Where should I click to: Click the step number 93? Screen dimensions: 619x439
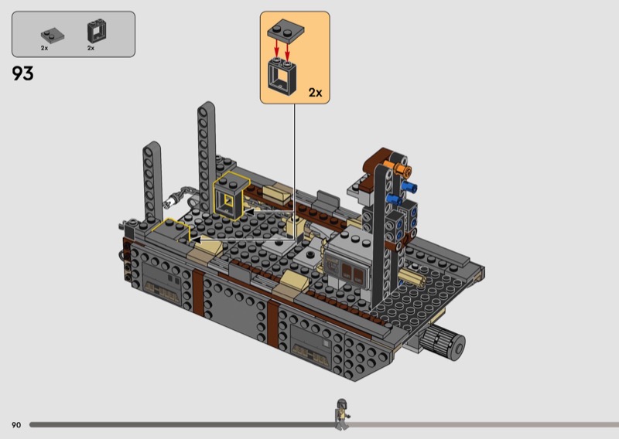[22, 73]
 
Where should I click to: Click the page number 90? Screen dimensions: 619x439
[16, 425]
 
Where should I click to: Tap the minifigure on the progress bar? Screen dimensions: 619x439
[342, 414]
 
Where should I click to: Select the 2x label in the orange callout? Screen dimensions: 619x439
[315, 93]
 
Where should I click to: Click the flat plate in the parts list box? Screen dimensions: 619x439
[53, 36]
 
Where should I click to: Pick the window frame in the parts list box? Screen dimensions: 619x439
[96, 31]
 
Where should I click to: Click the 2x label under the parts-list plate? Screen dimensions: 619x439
[44, 48]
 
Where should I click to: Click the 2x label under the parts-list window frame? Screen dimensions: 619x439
[91, 48]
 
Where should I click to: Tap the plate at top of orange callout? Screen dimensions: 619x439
[286, 31]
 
